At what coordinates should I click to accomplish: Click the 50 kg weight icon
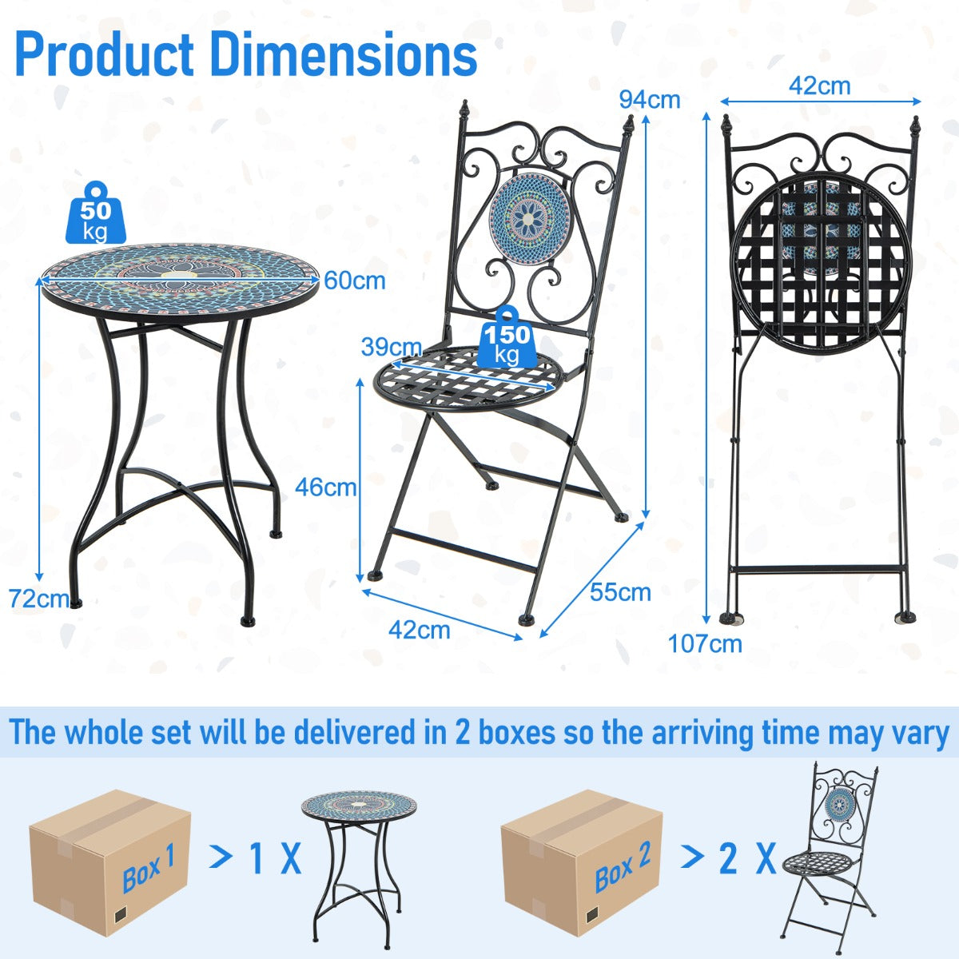tap(95, 213)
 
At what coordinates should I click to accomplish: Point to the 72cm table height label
tap(38, 598)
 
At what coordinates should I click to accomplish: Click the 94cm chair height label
tap(649, 99)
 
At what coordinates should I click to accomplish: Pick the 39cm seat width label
tap(391, 347)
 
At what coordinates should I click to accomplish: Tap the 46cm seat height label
tap(325, 487)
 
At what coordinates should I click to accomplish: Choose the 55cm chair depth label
tap(620, 592)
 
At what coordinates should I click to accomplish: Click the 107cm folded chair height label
tap(705, 643)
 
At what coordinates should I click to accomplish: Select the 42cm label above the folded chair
tap(819, 86)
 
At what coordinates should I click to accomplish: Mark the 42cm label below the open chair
tap(419, 630)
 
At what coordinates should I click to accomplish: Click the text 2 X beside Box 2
tap(746, 858)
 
